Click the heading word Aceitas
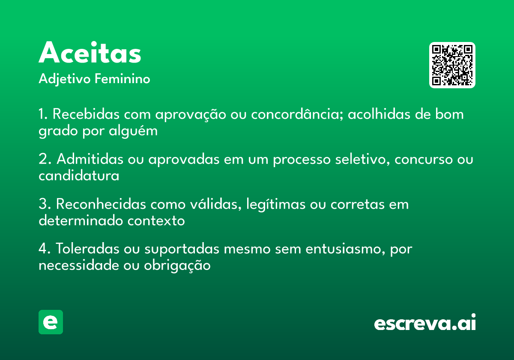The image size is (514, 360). pyautogui.click(x=90, y=53)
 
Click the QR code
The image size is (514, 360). pyautogui.click(x=452, y=65)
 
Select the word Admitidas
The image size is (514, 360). pyautogui.click(x=90, y=159)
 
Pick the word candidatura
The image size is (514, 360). pyautogui.click(x=79, y=175)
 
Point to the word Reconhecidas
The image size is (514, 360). pyautogui.click(x=101, y=204)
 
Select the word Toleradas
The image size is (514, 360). pyautogui.click(x=88, y=249)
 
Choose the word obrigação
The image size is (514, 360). pyautogui.click(x=177, y=265)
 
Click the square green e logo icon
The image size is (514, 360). pyautogui.click(x=51, y=322)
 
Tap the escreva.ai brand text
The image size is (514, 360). pyautogui.click(x=425, y=323)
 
